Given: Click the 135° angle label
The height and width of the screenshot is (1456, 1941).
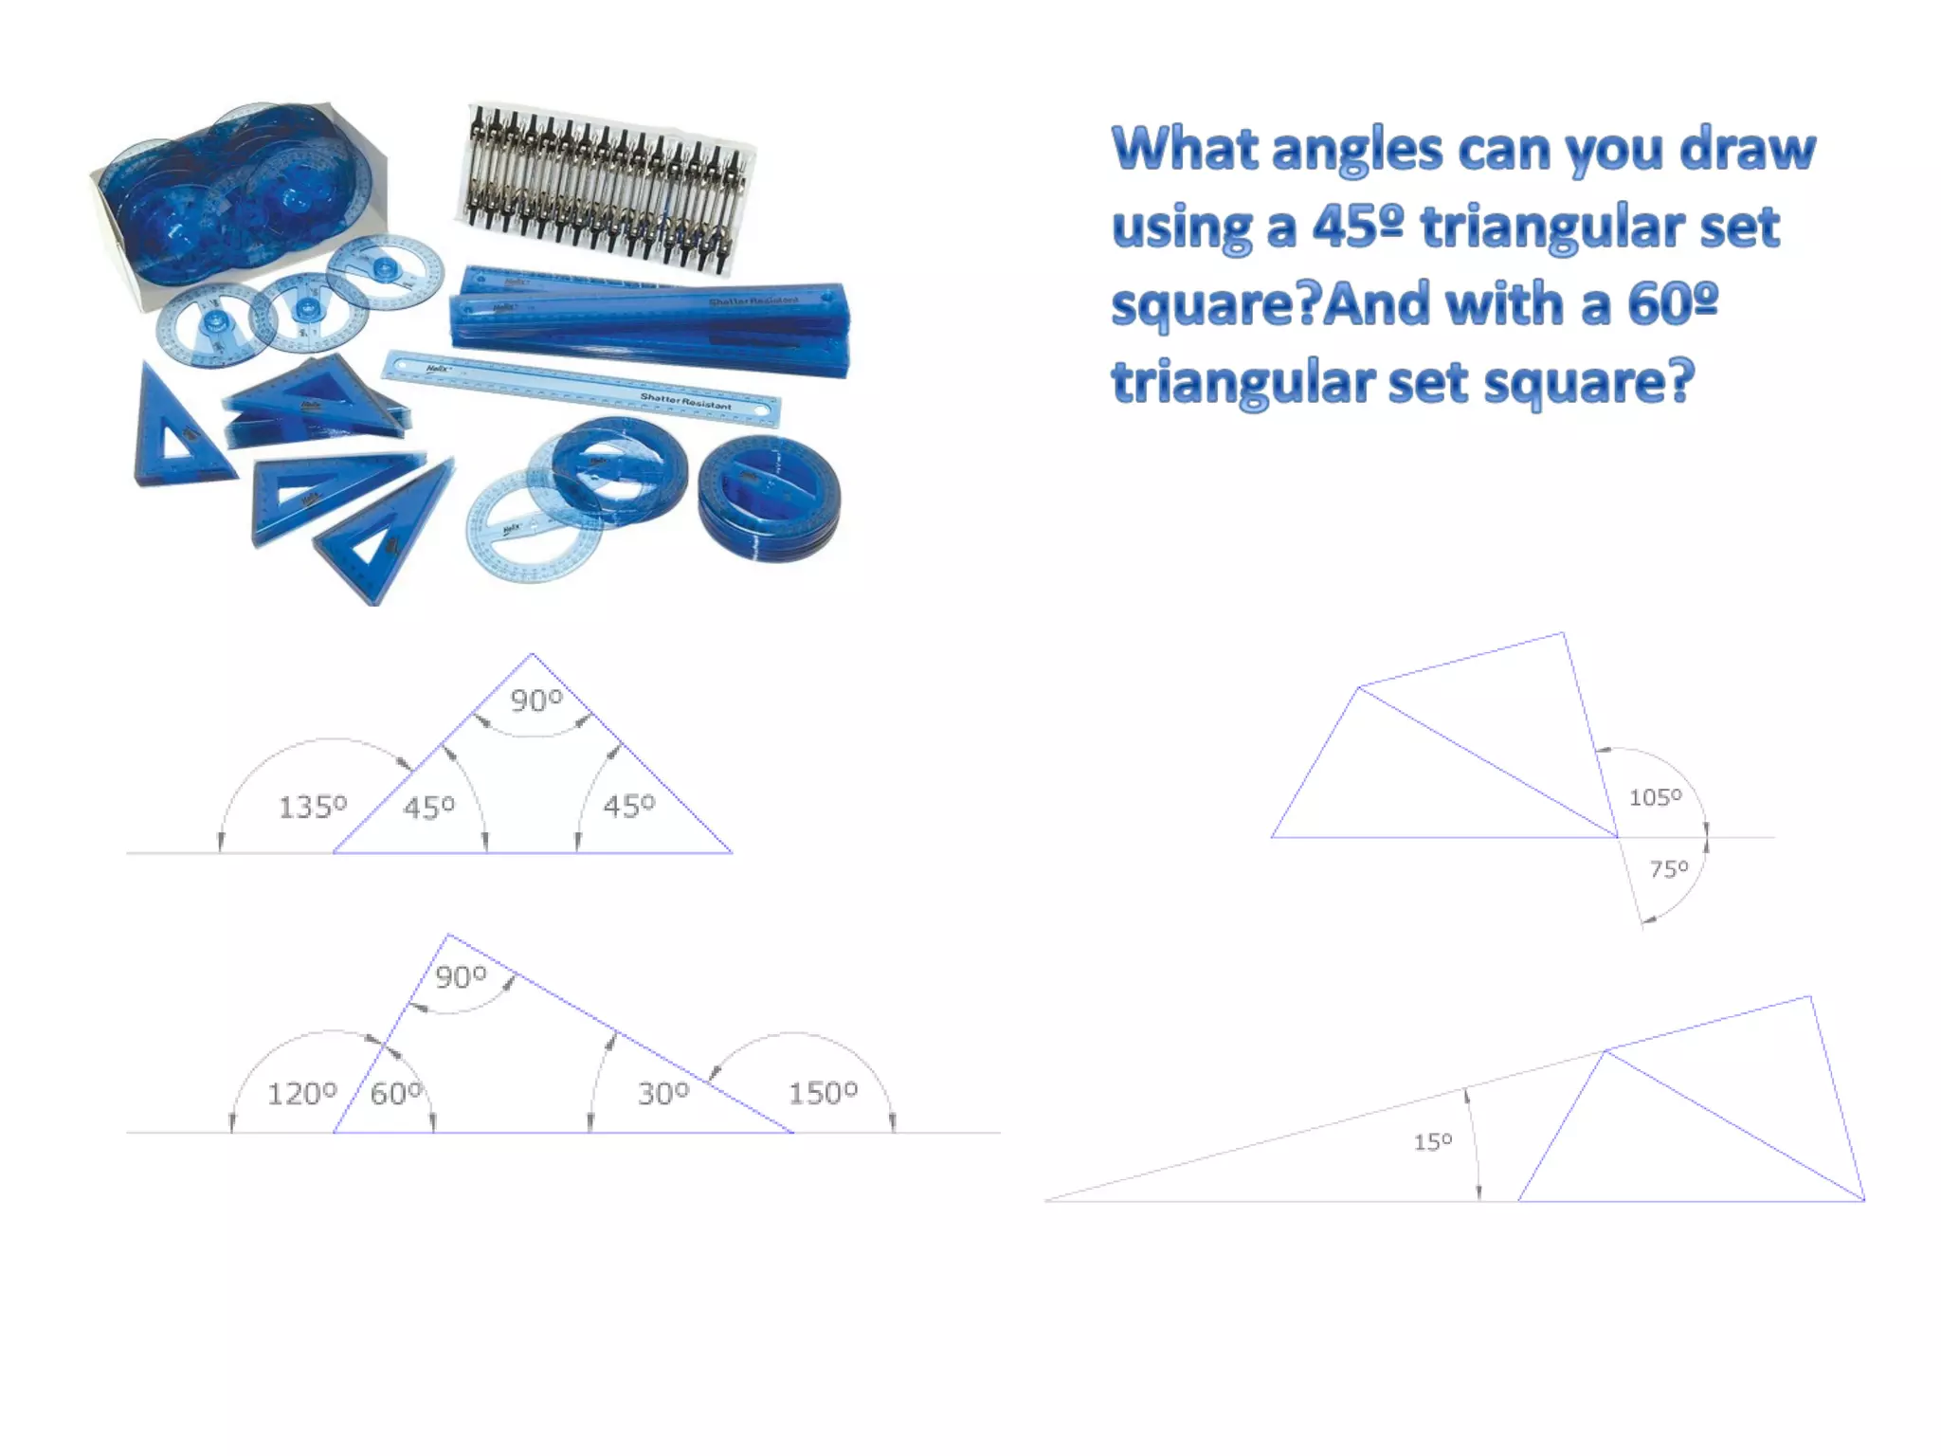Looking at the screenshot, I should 313,807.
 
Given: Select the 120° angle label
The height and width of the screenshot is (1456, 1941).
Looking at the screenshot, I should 301,1094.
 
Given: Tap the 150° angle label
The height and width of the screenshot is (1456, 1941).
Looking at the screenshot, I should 823,1093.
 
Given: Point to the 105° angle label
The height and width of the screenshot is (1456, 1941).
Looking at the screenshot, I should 1655,797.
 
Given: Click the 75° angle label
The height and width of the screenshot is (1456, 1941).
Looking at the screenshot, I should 1668,868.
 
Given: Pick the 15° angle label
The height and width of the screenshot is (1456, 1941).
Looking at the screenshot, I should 1432,1141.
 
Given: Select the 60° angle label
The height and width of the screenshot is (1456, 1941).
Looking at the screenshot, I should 396,1094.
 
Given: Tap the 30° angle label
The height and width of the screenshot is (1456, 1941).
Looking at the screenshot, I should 663,1094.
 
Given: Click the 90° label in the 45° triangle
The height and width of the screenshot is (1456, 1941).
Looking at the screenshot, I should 536,701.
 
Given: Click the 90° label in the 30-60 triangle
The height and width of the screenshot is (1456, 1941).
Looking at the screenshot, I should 461,976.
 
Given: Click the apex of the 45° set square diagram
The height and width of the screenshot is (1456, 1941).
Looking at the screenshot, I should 532,654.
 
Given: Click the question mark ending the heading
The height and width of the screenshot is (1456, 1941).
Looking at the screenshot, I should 1680,382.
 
